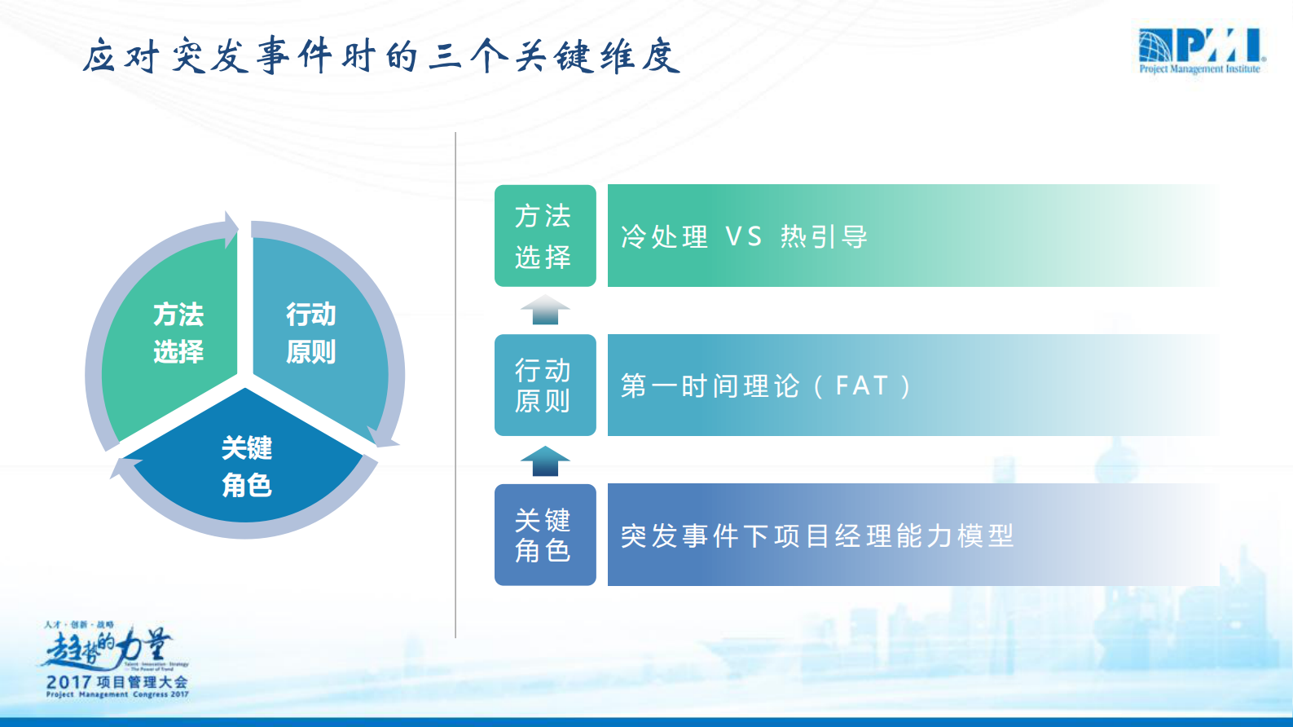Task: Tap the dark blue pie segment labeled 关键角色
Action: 246,466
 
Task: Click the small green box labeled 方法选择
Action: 544,236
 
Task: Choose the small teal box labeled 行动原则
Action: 544,386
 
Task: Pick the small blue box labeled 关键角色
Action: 544,535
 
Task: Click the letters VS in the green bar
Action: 743,237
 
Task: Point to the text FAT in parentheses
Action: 861,386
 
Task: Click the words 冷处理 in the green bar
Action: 664,237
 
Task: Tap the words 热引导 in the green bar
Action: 824,237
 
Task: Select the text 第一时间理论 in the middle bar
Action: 710,386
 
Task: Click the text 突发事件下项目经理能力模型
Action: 816,535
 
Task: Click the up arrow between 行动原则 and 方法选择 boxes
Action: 545,311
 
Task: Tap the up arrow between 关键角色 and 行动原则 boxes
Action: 545,460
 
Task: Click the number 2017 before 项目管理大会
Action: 68,682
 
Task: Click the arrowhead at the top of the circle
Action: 231,228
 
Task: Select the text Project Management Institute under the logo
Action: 1199,69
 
